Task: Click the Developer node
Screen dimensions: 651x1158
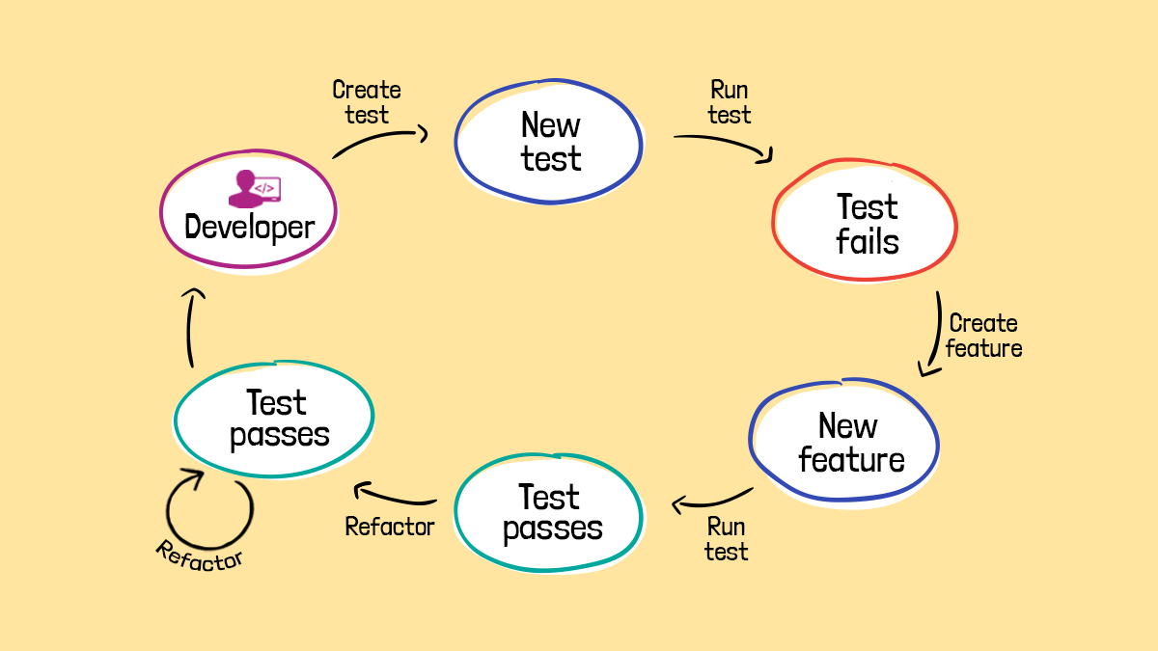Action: (249, 213)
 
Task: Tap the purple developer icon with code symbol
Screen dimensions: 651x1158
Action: (254, 188)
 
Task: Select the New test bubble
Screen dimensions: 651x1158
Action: (549, 142)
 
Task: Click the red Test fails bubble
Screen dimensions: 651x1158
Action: (866, 223)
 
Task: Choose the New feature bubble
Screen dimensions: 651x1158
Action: (844, 443)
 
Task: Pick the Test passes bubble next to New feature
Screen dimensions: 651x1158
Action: (549, 513)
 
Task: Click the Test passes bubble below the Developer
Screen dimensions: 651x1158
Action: (275, 419)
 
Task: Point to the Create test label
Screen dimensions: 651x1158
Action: (366, 102)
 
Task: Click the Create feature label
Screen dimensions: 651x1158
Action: (983, 336)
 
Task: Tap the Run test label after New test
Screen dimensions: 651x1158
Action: (729, 102)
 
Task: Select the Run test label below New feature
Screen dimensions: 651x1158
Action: (726, 539)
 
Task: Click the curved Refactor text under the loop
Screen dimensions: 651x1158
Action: (200, 555)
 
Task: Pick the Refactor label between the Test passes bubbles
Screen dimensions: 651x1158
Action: (390, 527)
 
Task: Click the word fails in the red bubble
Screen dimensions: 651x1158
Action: (868, 241)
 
